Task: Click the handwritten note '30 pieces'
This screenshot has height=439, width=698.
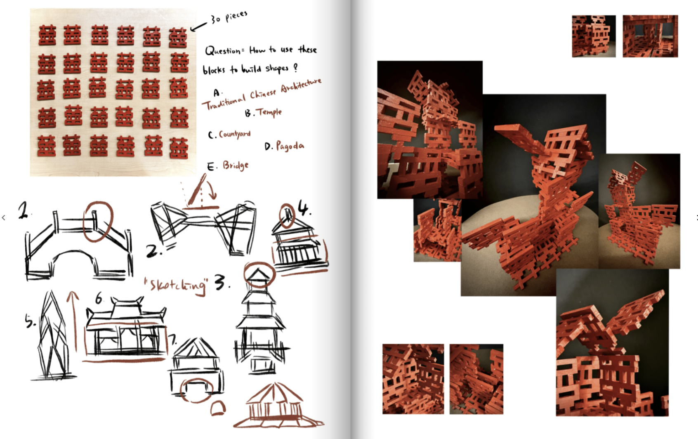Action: point(229,17)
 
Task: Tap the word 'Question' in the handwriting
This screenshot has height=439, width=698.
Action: point(222,51)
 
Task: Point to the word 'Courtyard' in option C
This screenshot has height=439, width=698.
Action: point(235,134)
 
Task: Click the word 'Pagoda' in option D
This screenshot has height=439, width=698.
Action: point(290,146)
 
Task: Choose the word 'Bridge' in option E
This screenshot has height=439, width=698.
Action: point(236,165)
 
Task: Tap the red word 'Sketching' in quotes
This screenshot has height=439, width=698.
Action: point(176,285)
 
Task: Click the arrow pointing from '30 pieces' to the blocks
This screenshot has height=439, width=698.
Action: point(198,27)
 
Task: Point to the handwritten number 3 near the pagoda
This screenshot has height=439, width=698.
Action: point(221,282)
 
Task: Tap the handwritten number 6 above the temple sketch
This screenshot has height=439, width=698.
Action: point(99,299)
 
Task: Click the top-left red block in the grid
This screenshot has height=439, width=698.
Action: point(47,35)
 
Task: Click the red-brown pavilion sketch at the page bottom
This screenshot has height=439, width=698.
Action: point(278,405)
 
